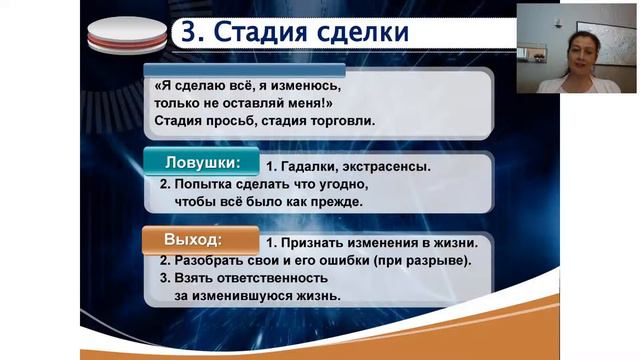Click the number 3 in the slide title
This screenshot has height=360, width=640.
186,32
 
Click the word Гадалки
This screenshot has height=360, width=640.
311,167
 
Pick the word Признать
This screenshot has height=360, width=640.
317,243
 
